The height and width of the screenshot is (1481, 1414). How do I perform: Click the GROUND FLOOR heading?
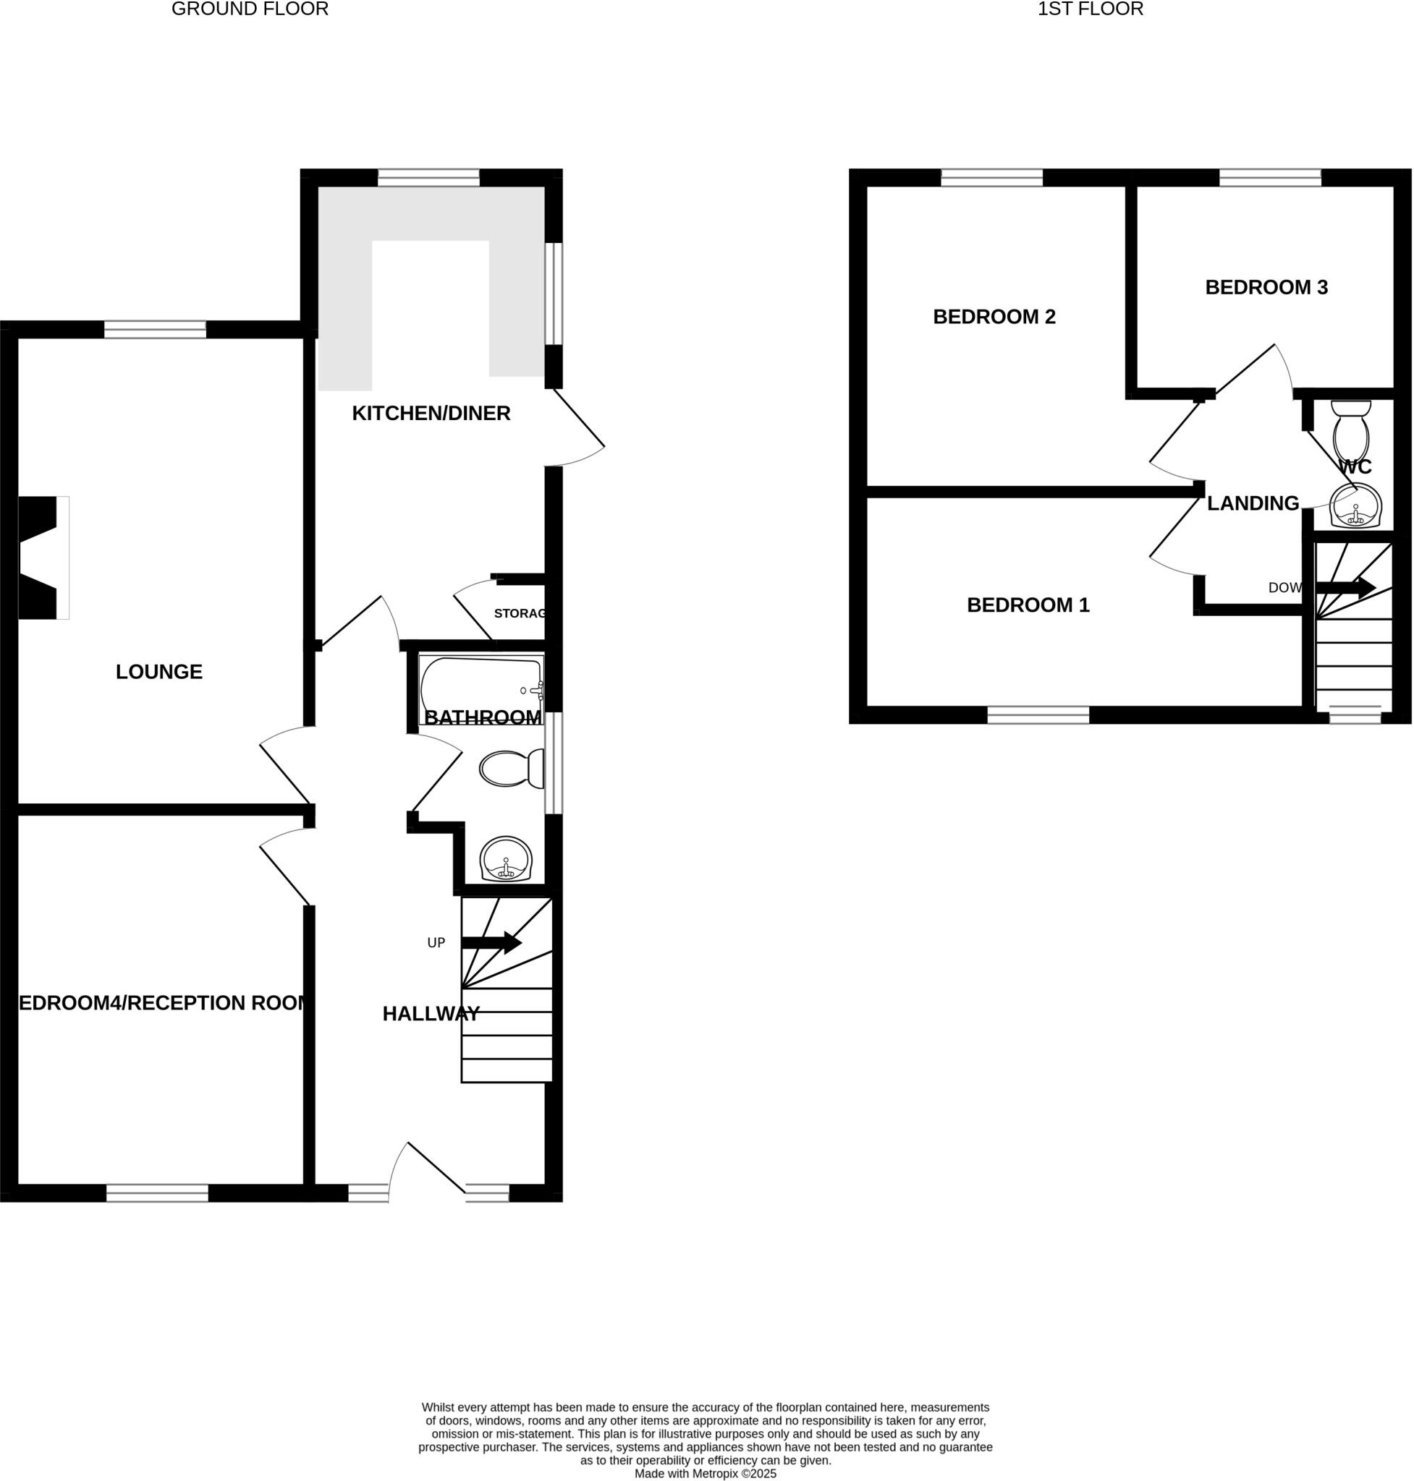pos(250,9)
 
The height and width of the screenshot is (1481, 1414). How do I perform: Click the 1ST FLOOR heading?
pos(1090,9)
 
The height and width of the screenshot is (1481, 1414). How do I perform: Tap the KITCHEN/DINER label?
pos(431,413)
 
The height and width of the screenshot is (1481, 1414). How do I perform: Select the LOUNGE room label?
pos(159,671)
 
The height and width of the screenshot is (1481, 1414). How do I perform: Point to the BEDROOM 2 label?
pos(994,317)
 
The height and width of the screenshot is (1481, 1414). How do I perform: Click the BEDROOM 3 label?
pos(1266,287)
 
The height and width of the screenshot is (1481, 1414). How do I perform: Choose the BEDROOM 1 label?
pos(1028,605)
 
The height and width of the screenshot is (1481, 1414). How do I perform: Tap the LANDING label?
pos(1253,503)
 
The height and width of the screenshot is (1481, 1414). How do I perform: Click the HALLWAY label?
pos(431,1014)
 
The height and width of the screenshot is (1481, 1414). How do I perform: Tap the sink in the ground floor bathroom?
pos(507,860)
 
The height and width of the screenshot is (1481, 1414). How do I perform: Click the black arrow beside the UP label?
pos(491,942)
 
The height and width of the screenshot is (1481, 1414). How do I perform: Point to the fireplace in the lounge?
pos(41,558)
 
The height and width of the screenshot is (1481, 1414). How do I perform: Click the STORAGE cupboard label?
pos(520,613)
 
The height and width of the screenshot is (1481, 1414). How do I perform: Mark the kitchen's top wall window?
pos(428,178)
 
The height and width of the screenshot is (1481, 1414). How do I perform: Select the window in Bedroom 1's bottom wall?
pos(1038,715)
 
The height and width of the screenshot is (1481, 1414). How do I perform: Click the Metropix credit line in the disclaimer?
pos(705,1474)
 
